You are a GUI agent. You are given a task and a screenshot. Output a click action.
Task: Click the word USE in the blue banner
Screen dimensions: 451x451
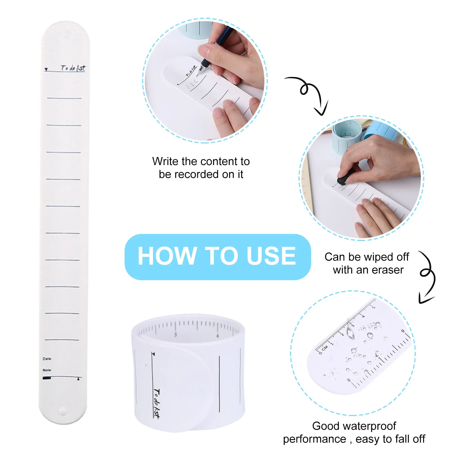pos(271,256)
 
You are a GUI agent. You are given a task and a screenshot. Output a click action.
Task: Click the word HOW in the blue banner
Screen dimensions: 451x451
pos(167,256)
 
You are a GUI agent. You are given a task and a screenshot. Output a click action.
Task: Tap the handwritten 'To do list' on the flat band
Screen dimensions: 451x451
pos(73,68)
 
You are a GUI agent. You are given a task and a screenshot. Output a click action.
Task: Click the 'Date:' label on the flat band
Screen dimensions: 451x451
pos(47,359)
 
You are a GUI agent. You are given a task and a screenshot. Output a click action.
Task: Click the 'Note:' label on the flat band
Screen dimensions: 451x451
pos(47,370)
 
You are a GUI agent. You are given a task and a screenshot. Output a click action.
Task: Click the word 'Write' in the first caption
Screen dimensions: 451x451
pos(165,162)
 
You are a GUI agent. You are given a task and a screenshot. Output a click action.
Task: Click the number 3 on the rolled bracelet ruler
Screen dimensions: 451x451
pos(175,335)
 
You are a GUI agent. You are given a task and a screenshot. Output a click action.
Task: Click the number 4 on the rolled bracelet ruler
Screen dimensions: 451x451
pos(217,336)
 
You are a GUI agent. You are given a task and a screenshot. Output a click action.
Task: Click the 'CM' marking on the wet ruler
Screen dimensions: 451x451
pos(325,348)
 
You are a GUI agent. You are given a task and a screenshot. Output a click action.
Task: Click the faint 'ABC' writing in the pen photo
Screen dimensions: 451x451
pos(193,84)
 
